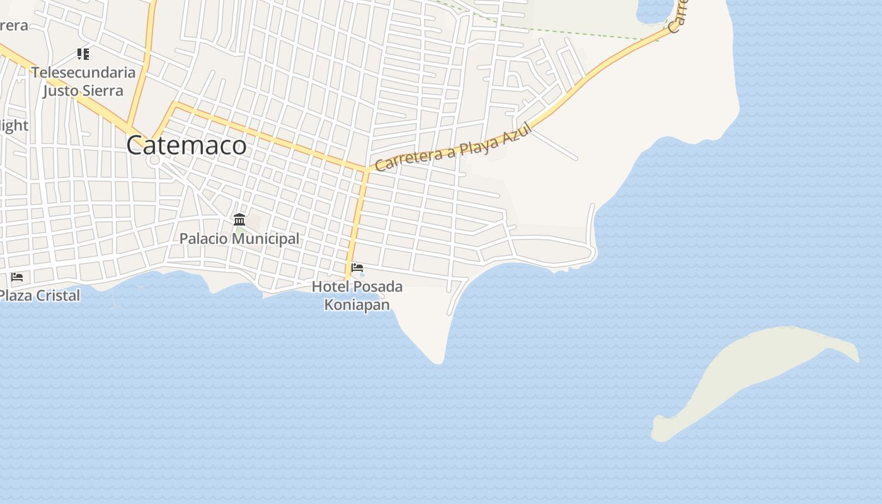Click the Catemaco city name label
[x=186, y=146]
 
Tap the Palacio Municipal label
[x=239, y=239]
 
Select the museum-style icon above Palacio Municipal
[x=239, y=219]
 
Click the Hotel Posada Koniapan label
[x=357, y=295]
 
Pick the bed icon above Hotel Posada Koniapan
[x=357, y=268]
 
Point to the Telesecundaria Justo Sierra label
[x=83, y=81]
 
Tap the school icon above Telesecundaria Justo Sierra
[x=83, y=54]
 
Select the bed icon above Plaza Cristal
[x=17, y=277]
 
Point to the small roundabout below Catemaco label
[x=155, y=161]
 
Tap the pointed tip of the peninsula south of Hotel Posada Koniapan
[x=438, y=362]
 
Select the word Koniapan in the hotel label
[x=357, y=305]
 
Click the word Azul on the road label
[x=518, y=132]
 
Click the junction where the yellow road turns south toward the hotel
[x=365, y=170]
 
